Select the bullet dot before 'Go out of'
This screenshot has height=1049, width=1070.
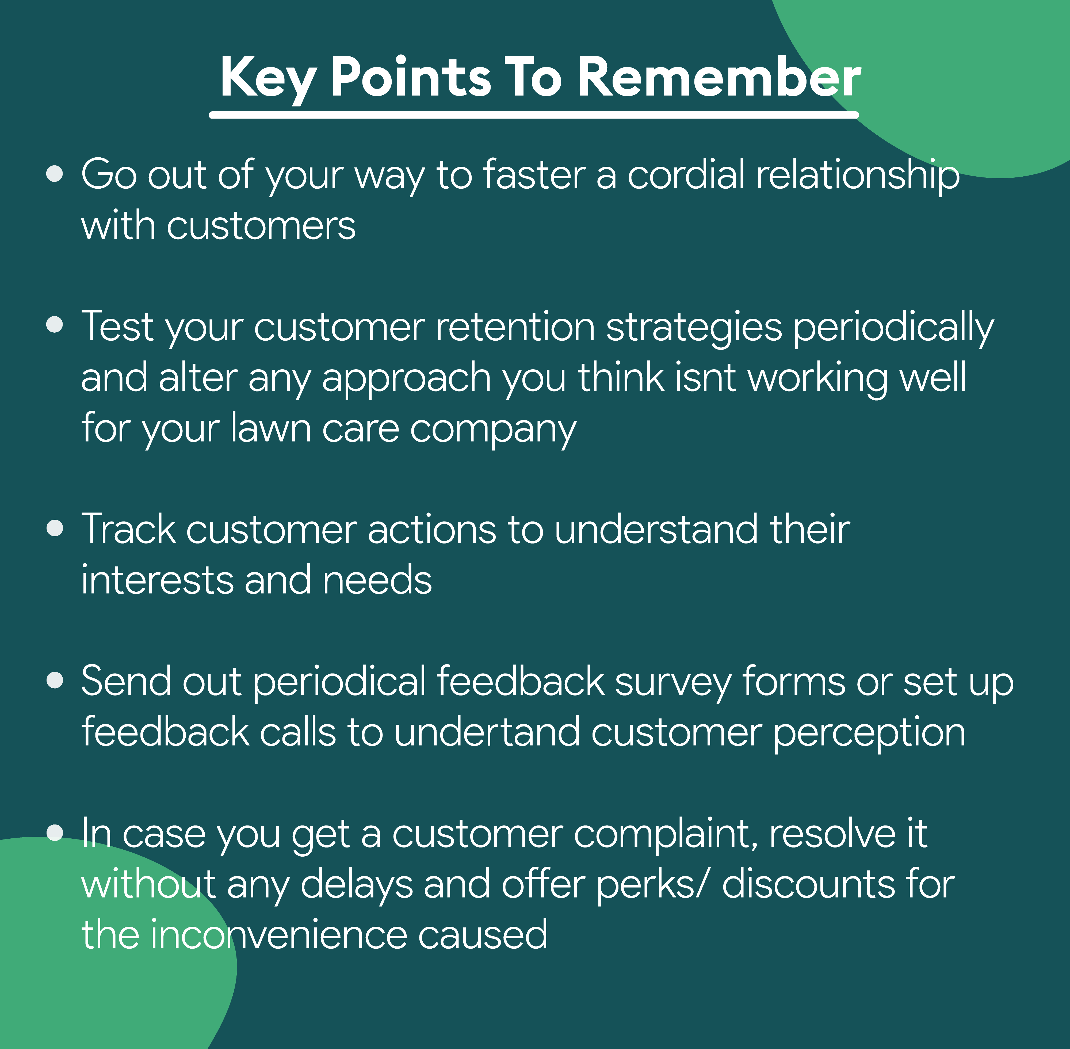55,174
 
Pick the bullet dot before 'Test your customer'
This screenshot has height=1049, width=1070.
55,325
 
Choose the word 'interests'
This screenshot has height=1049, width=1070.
157,580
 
